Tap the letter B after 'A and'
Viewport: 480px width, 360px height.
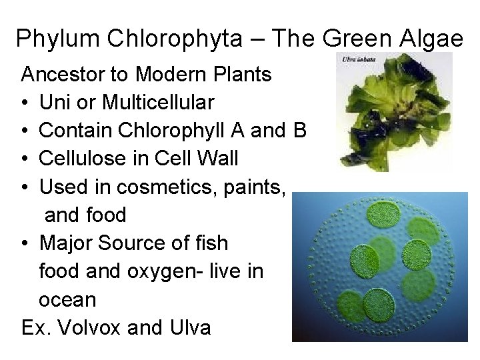click(299, 131)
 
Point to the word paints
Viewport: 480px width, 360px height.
click(254, 187)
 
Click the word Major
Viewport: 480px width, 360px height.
click(66, 244)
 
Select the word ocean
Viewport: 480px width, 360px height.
click(67, 300)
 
